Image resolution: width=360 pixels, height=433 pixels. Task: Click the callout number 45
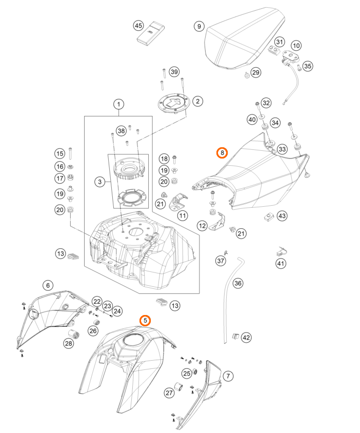[x=138, y=25]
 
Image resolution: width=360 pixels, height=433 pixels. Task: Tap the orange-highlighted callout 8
[x=222, y=153]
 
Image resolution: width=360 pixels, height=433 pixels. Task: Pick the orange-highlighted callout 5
[x=146, y=321]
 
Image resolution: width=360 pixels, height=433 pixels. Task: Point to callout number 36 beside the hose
[x=237, y=283]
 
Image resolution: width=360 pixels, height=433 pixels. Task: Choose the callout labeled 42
[x=247, y=337]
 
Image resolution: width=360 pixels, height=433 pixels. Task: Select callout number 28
[x=69, y=344]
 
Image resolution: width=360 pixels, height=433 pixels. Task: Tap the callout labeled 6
[x=48, y=285]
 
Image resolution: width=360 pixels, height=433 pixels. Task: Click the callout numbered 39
[x=174, y=72]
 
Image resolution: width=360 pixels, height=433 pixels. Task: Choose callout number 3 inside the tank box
[x=99, y=181]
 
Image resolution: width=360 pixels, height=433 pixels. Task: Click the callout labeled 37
[x=221, y=261]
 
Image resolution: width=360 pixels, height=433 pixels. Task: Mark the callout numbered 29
[x=255, y=73]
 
